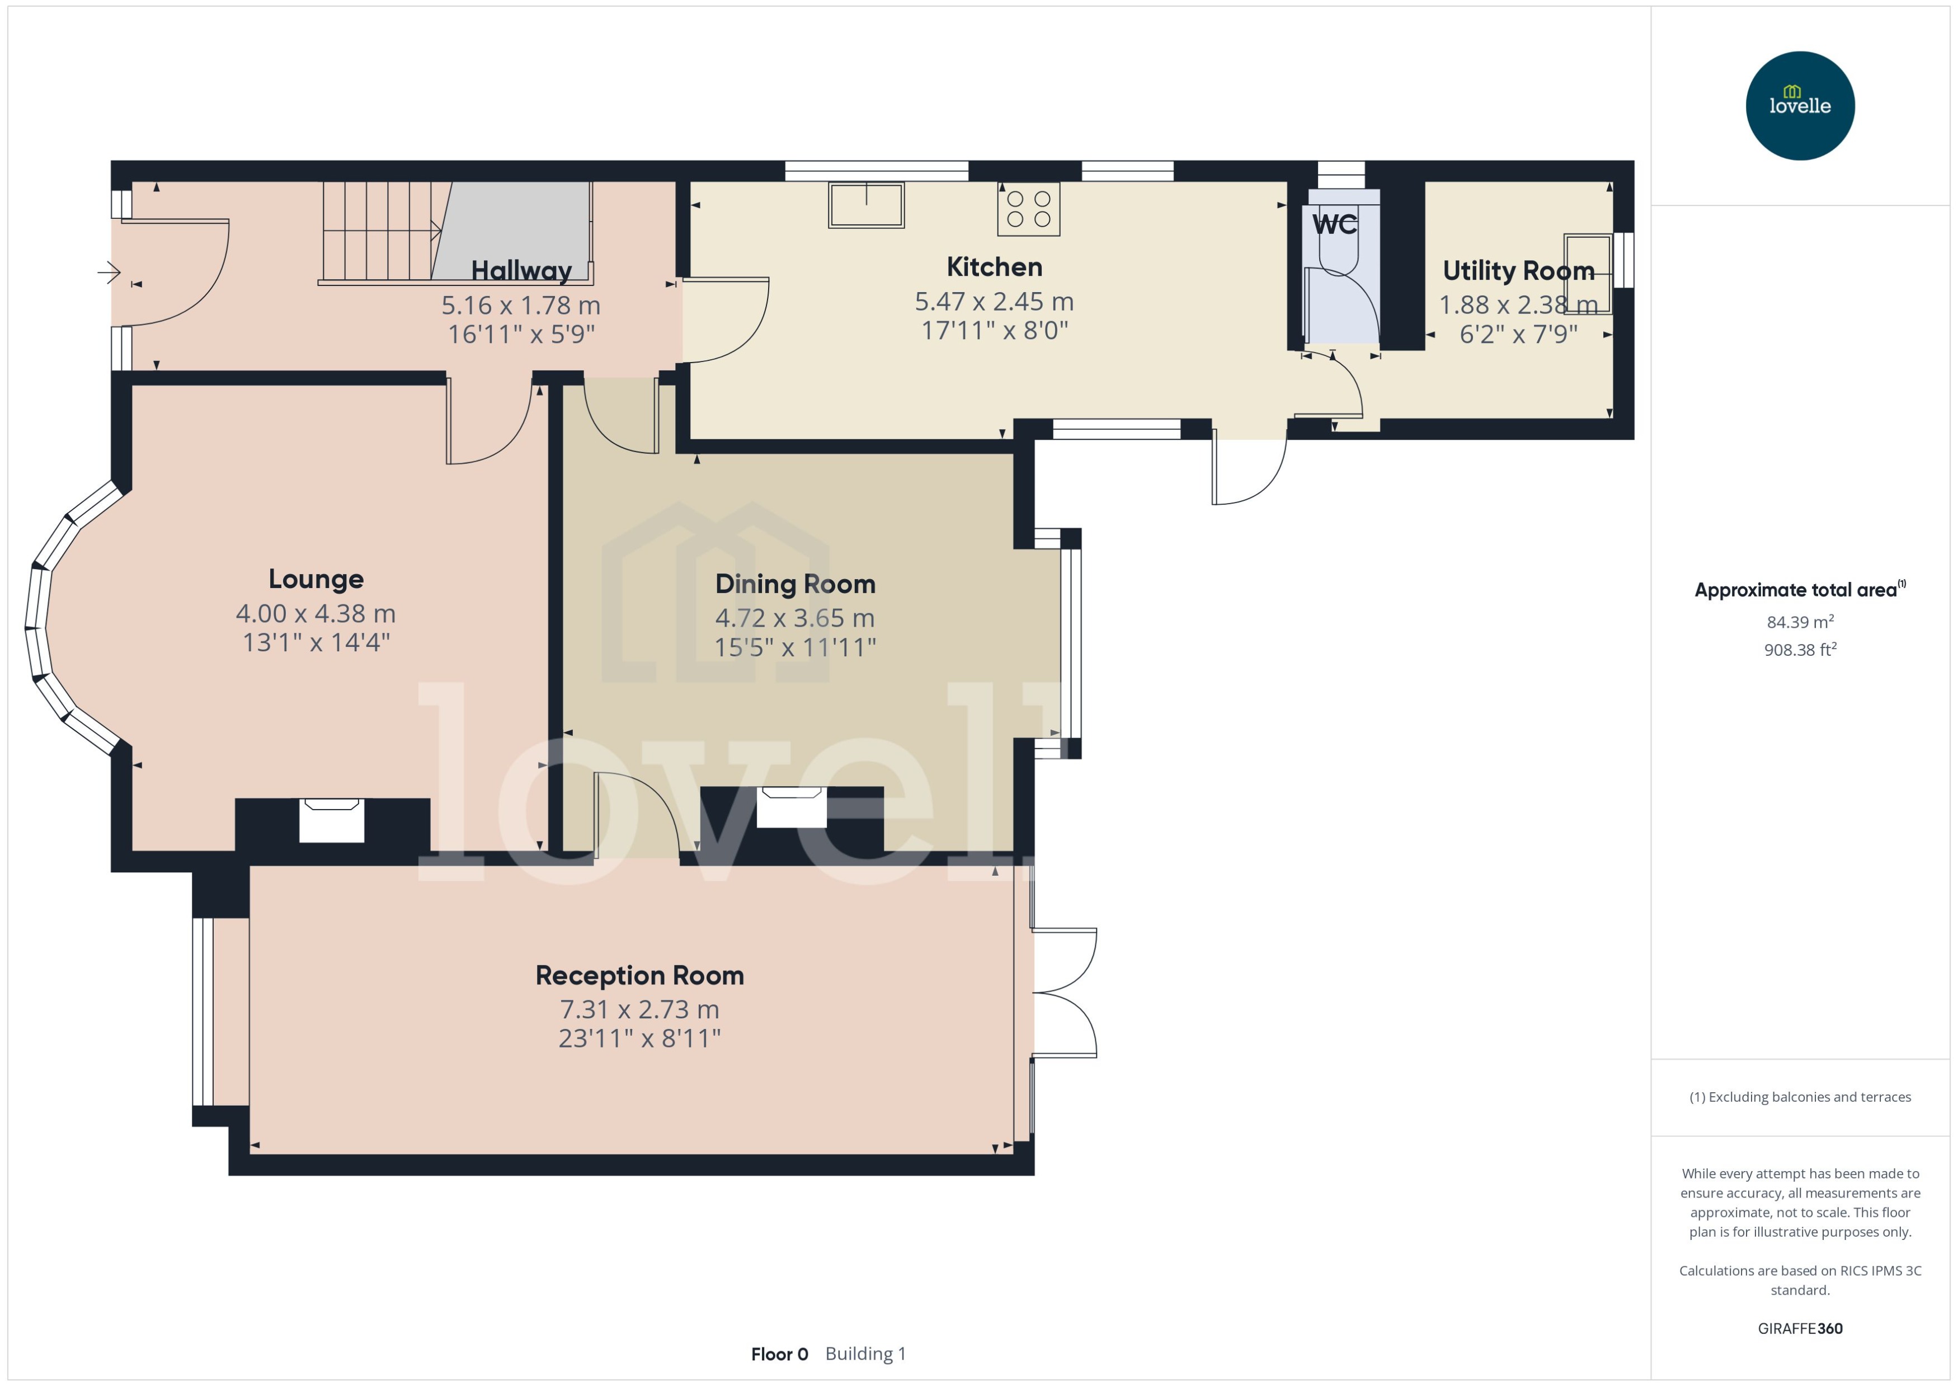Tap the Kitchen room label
994,267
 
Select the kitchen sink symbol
866,206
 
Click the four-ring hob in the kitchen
1028,208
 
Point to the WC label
1334,224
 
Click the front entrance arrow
109,272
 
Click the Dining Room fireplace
791,806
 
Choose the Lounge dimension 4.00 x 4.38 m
316,614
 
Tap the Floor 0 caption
779,1355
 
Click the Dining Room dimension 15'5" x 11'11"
794,648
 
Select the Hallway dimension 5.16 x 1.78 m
520,306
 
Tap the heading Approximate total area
1796,590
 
